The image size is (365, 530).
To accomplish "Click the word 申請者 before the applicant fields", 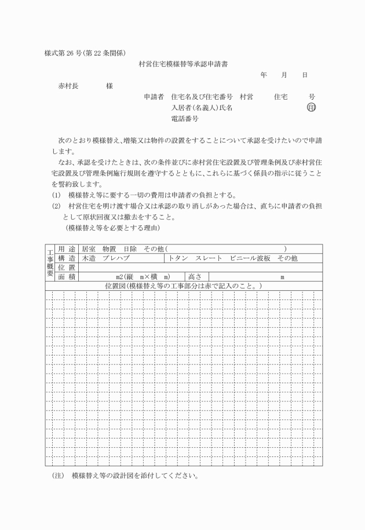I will (x=154, y=97).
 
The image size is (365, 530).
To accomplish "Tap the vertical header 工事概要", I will (x=50, y=262).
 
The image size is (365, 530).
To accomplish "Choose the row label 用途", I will (x=67, y=248).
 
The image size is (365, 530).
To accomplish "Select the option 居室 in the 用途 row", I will (x=88, y=248).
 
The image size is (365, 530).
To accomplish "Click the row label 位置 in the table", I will (x=67, y=267).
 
